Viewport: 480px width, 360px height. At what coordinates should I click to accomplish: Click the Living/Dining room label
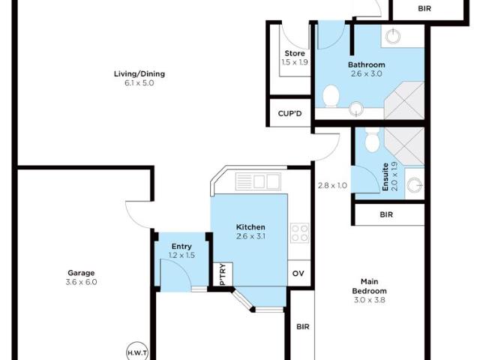(x=139, y=73)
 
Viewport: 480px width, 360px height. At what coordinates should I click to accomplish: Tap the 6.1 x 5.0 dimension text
(x=139, y=84)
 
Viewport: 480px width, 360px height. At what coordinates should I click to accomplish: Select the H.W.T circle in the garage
(x=137, y=352)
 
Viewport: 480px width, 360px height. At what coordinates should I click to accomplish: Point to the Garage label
(x=81, y=272)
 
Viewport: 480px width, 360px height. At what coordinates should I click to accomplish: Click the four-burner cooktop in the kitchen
(x=299, y=233)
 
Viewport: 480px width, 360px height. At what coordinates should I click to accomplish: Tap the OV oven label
(x=298, y=274)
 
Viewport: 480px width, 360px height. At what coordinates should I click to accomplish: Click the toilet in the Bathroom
(x=331, y=96)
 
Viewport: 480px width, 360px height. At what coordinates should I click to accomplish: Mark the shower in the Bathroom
(x=406, y=96)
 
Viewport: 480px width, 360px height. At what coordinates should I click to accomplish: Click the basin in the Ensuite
(x=414, y=184)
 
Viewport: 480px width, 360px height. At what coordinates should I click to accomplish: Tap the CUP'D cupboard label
(x=289, y=114)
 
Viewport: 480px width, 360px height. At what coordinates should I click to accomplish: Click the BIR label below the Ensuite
(x=386, y=214)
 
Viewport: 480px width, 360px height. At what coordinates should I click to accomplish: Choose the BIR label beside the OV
(x=302, y=327)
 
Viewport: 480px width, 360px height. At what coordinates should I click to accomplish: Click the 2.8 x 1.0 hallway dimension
(x=331, y=185)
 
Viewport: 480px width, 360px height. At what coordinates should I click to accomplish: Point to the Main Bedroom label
(x=370, y=290)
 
